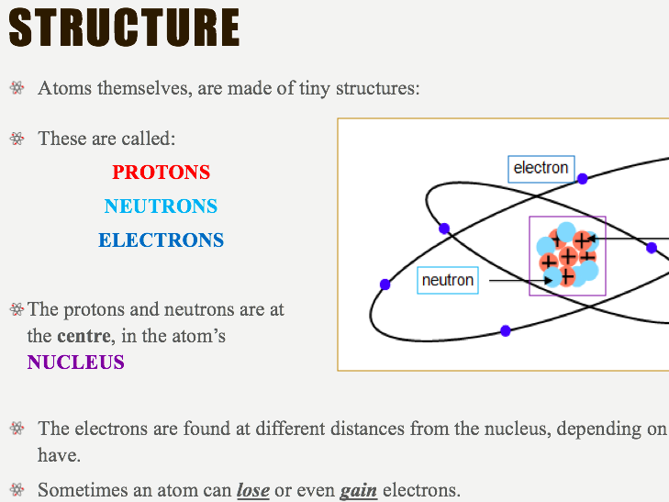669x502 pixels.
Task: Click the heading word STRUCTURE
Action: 124,28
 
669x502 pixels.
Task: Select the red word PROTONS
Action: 161,173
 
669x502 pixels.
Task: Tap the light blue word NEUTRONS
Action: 161,206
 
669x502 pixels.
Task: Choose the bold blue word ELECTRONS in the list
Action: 161,240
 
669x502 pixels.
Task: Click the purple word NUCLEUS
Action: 75,363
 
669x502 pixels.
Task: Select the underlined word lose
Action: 253,490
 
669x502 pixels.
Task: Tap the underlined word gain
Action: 359,490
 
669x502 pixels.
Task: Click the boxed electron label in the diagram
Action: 541,168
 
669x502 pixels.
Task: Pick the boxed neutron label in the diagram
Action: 448,280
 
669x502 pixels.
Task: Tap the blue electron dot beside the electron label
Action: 582,178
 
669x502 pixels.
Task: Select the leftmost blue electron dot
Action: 385,284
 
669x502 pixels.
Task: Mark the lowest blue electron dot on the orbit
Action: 506,330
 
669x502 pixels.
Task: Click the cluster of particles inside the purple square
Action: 567,255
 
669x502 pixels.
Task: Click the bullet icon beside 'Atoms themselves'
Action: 17,89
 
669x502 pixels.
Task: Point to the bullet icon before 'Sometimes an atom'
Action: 17,490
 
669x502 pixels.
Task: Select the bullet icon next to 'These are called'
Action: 17,139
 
